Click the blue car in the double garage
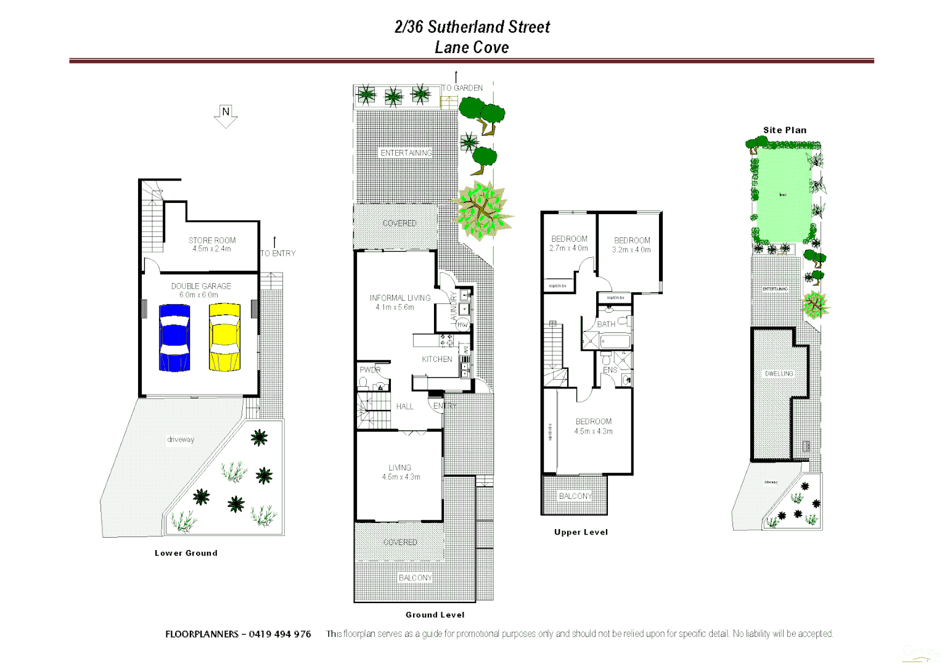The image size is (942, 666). tap(174, 338)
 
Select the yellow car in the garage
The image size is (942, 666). tap(224, 337)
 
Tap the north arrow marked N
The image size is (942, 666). tap(226, 115)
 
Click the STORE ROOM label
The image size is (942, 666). tap(212, 240)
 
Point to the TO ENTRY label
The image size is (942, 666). tap(278, 253)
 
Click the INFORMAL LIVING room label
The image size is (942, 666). tap(400, 298)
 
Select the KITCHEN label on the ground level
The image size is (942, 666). tap(437, 359)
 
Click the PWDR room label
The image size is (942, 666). tap(370, 370)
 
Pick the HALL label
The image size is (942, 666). tap(404, 406)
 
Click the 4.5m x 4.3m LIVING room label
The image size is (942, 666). tap(400, 472)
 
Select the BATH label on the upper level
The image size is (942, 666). tap(606, 324)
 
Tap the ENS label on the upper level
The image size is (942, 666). tap(610, 370)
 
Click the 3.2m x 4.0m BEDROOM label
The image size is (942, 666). tap(632, 245)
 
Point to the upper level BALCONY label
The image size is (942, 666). tap(575, 496)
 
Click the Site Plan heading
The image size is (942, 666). tap(785, 130)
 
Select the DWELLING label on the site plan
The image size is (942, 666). tap(779, 374)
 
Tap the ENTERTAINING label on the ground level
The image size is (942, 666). tap(406, 153)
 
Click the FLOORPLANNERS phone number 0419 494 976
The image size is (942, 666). tap(280, 634)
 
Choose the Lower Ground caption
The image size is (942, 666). tap(186, 553)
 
